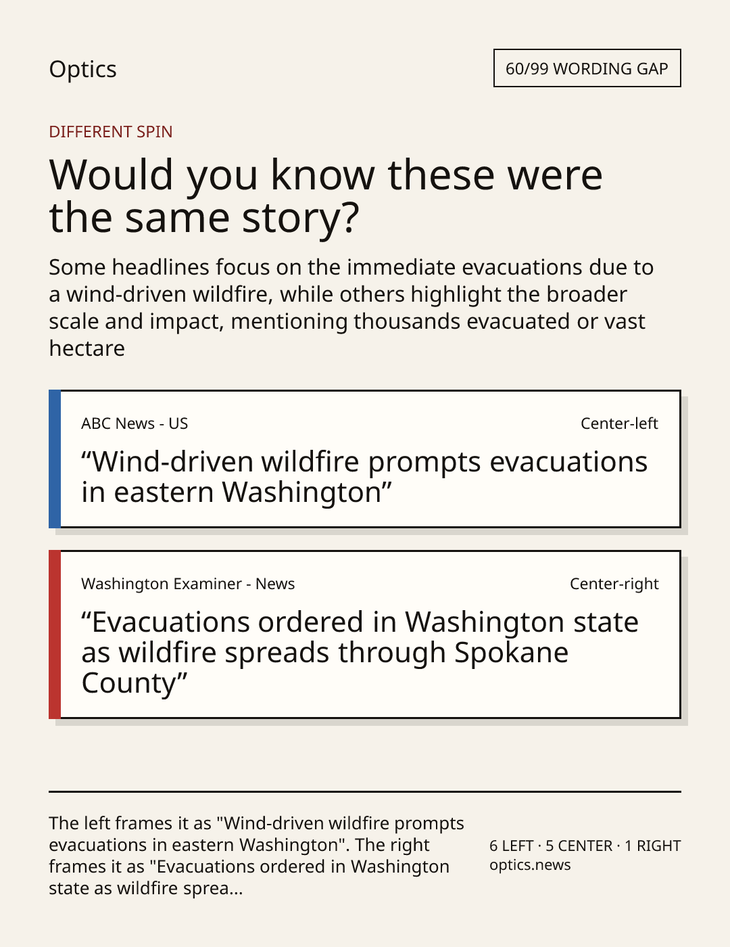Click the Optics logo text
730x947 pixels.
(x=82, y=69)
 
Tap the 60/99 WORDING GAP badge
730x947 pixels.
(x=587, y=68)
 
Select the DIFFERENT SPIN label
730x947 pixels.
(x=111, y=132)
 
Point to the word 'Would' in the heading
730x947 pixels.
(x=112, y=175)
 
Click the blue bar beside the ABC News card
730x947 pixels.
(x=55, y=459)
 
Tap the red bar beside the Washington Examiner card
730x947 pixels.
(x=55, y=634)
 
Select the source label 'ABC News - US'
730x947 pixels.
(x=135, y=423)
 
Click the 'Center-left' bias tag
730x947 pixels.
(x=619, y=423)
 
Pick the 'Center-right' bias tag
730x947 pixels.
(x=614, y=584)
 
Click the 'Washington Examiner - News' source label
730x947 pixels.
(x=188, y=584)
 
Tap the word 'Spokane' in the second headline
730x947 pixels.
(x=512, y=652)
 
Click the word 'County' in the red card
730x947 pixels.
(x=129, y=683)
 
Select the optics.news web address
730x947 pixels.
(x=530, y=865)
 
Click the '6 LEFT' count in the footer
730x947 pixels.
(x=512, y=846)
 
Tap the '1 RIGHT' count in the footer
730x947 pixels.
(x=652, y=846)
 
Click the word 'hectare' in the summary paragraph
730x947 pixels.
(x=87, y=348)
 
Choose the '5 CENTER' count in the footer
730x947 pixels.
(x=579, y=846)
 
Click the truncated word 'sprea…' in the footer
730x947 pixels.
(x=213, y=888)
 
